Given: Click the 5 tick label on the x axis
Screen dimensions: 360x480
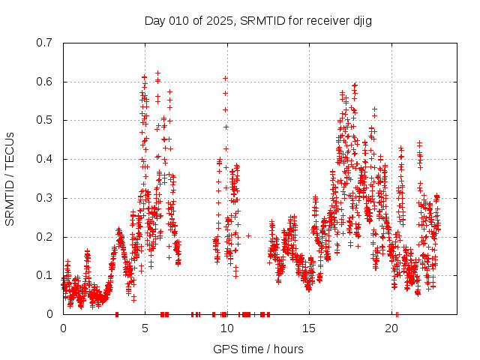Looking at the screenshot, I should click(x=145, y=328).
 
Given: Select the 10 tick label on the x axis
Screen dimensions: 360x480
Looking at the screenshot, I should click(x=227, y=328).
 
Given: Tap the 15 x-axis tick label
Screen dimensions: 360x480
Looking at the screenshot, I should click(x=309, y=328).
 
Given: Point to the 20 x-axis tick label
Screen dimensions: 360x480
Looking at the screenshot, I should click(x=391, y=328).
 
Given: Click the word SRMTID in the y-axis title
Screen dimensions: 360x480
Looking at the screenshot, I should click(x=10, y=201).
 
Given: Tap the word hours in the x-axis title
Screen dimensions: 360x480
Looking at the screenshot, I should click(x=289, y=349).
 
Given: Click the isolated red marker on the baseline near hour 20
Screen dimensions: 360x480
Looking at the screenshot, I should click(x=397, y=314).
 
